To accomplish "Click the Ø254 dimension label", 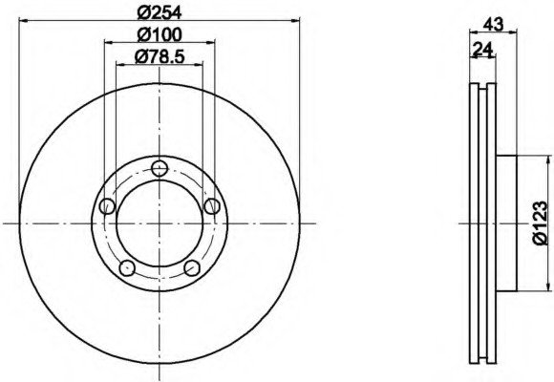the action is click(x=160, y=13).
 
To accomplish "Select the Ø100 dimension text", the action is click(x=160, y=34).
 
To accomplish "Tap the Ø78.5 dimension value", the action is click(x=160, y=56).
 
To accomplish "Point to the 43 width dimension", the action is click(x=493, y=25).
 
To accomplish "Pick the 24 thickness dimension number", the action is click(x=483, y=49).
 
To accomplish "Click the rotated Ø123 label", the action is click(x=541, y=223).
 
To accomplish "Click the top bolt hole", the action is click(x=160, y=168).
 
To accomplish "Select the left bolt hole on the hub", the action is click(x=107, y=206).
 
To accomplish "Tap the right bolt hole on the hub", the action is click(x=212, y=206).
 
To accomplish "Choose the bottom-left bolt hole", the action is click(x=127, y=268).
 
